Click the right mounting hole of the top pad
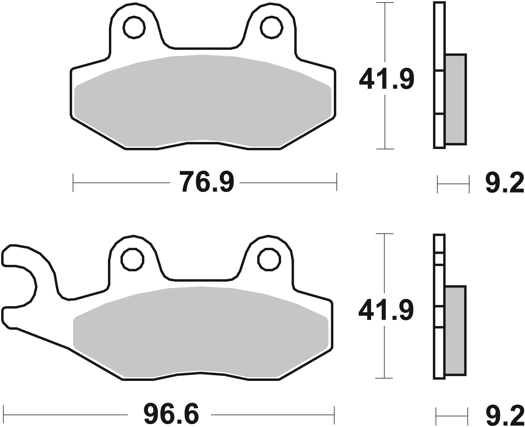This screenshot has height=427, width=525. click(x=272, y=28)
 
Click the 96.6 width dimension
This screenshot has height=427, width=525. click(x=171, y=414)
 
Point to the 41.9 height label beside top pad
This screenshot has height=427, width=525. click(x=386, y=79)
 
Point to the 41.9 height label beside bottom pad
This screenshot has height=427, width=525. click(x=386, y=311)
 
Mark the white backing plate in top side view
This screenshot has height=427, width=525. click(x=439, y=93)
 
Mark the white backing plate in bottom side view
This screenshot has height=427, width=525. click(x=439, y=290)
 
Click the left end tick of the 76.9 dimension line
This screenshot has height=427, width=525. click(x=73, y=182)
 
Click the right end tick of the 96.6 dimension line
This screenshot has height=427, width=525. click(x=335, y=415)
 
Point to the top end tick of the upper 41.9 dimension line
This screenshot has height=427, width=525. click(x=385, y=3)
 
